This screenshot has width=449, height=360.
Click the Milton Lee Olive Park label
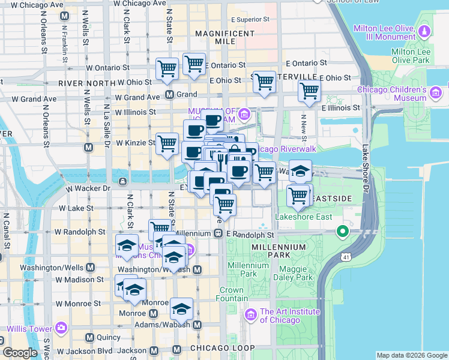point(411,56)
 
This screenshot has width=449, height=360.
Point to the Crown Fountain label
point(231,294)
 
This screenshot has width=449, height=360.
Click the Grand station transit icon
point(170,94)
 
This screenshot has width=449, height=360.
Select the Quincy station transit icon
point(89,338)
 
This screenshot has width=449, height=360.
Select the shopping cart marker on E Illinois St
point(309,91)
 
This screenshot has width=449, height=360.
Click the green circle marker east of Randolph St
point(343,231)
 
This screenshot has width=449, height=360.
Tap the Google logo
point(20,353)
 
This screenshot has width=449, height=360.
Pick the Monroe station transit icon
point(153,313)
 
